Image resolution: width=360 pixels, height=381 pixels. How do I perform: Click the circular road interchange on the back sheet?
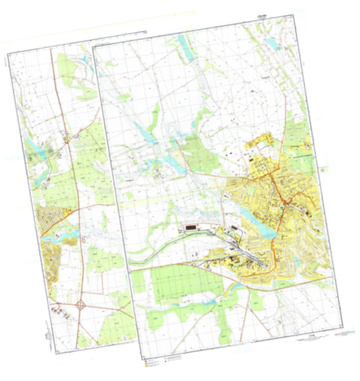pyautogui.click(x=82, y=305)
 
